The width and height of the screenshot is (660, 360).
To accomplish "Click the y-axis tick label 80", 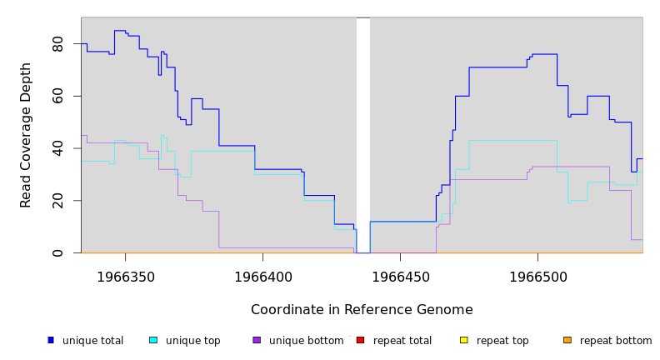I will pyautogui.click(x=57, y=44).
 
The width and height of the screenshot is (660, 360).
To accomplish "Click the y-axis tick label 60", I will pyautogui.click(x=57, y=97).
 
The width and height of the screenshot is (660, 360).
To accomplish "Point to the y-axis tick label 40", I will pyautogui.click(x=57, y=148).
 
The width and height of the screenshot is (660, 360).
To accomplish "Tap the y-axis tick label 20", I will pyautogui.click(x=57, y=201).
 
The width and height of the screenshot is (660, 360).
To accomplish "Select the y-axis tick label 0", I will pyautogui.click(x=57, y=252).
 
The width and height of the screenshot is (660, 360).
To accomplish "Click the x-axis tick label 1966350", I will pyautogui.click(x=126, y=276).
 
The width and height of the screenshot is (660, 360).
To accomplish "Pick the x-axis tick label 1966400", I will pyautogui.click(x=262, y=276).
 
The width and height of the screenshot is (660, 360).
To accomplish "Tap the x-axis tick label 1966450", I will pyautogui.click(x=400, y=276).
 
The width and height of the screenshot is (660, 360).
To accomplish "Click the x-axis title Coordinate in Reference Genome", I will pyautogui.click(x=362, y=310).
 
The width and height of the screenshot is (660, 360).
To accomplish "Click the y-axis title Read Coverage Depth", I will pyautogui.click(x=27, y=135).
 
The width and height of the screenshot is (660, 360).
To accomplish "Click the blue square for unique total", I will pyautogui.click(x=51, y=340).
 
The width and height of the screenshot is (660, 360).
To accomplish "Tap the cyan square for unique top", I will pyautogui.click(x=153, y=340).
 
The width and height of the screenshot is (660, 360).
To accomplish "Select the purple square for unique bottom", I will pyautogui.click(x=257, y=340).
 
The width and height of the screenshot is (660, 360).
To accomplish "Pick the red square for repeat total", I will pyautogui.click(x=360, y=340).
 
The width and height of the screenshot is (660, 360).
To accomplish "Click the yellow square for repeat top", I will pyautogui.click(x=463, y=340).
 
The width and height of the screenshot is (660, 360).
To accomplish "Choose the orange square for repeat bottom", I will pyautogui.click(x=567, y=340).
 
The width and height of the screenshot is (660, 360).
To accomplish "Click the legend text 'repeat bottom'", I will pyautogui.click(x=616, y=341).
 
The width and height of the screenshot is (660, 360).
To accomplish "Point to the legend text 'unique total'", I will pyautogui.click(x=92, y=341).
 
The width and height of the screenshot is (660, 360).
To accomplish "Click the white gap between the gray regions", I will pyautogui.click(x=363, y=133).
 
